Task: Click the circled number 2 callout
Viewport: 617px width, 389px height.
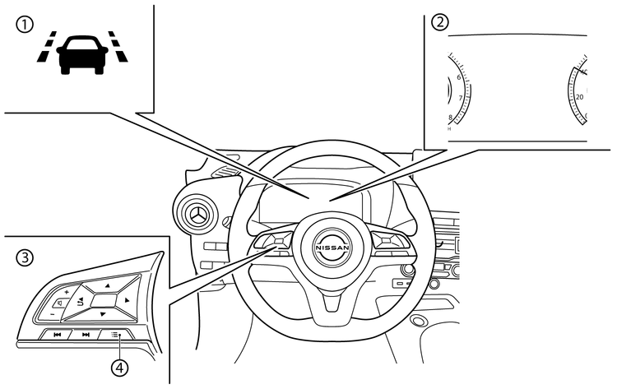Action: click(x=441, y=22)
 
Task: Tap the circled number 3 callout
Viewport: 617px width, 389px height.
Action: click(x=26, y=257)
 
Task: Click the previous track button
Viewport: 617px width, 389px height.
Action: click(x=57, y=335)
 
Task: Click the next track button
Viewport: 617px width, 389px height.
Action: click(x=85, y=335)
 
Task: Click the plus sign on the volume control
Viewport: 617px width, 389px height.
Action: click(x=66, y=292)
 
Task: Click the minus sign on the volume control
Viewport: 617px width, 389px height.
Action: click(x=51, y=313)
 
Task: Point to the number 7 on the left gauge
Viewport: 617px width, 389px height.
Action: click(x=460, y=98)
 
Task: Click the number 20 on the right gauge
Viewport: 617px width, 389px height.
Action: click(x=579, y=97)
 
